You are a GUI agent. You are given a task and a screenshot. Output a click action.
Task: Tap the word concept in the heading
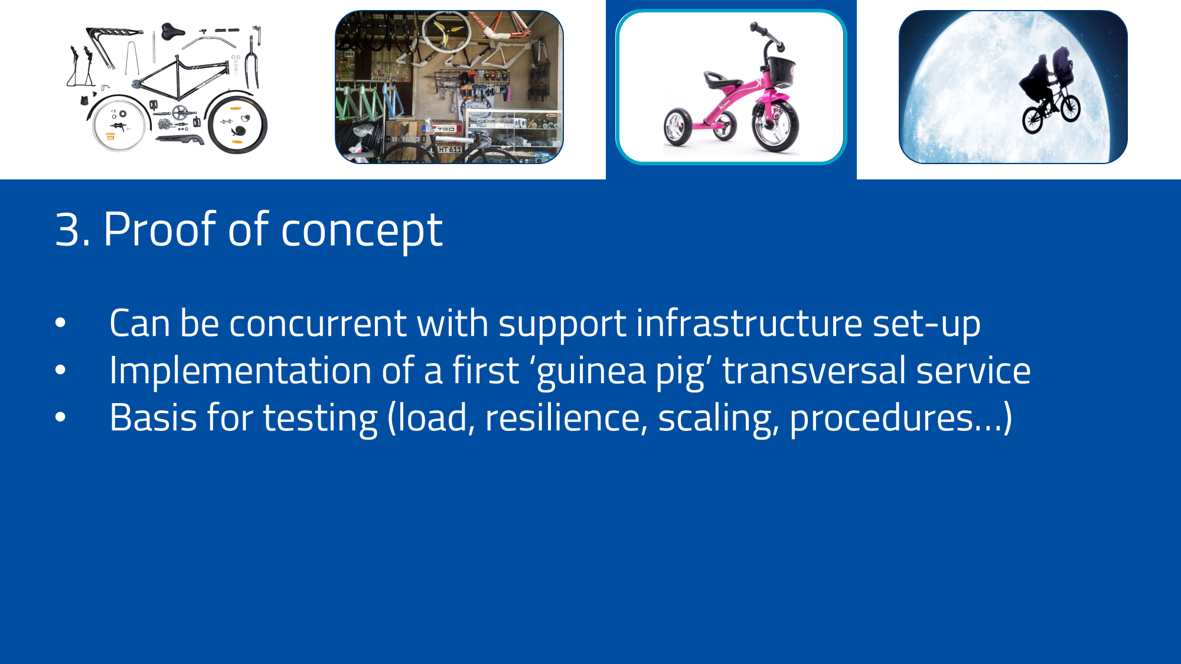pyautogui.click(x=361, y=231)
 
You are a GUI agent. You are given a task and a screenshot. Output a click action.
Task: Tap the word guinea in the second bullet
pyautogui.click(x=591, y=372)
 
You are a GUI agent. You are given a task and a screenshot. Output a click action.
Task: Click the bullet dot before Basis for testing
pyautogui.click(x=60, y=417)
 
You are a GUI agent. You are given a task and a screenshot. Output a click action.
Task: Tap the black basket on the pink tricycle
pyautogui.click(x=781, y=71)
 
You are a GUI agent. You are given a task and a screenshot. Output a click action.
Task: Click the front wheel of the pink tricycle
pyautogui.click(x=775, y=126)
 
